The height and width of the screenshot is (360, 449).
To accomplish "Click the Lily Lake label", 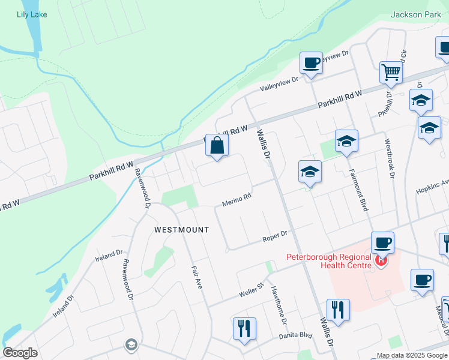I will (x=32, y=14).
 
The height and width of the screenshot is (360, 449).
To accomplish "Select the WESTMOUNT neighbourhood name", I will (x=182, y=230).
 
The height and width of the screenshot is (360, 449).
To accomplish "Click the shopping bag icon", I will (x=217, y=146).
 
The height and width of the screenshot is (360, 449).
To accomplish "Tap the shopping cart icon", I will (x=391, y=73).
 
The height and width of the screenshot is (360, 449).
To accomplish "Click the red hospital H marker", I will (x=380, y=261).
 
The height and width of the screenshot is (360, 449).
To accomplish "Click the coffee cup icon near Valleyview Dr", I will (x=312, y=63).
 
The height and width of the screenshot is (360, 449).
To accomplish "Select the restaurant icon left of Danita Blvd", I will (x=244, y=329).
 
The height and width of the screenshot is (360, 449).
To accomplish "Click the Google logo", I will (x=20, y=353).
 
